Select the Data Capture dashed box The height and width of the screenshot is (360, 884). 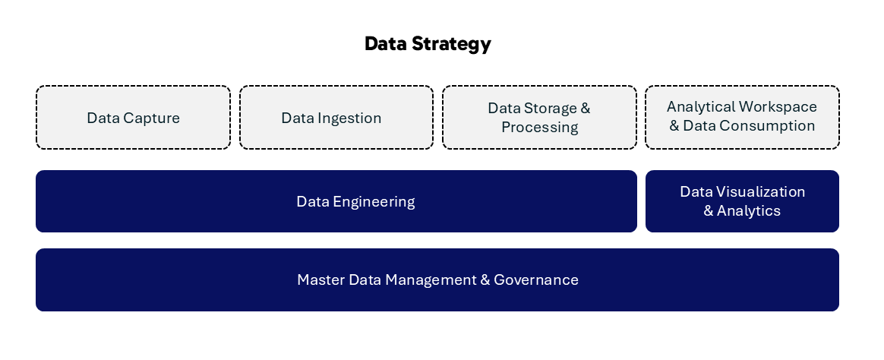pos(133,117)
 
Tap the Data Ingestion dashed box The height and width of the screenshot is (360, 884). pos(336,117)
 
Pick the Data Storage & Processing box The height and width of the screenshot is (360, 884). pos(539,117)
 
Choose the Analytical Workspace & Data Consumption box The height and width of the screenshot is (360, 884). pos(743,117)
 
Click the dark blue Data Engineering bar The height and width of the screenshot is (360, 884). pos(336,201)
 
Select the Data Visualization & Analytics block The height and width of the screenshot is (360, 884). pos(743,201)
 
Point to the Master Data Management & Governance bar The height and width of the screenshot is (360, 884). pos(437,280)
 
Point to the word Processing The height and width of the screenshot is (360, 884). pos(539,128)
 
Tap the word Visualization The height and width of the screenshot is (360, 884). pos(760,192)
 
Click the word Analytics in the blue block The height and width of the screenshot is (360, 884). pos(749,211)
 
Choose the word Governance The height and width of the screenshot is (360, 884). pos(536,280)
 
